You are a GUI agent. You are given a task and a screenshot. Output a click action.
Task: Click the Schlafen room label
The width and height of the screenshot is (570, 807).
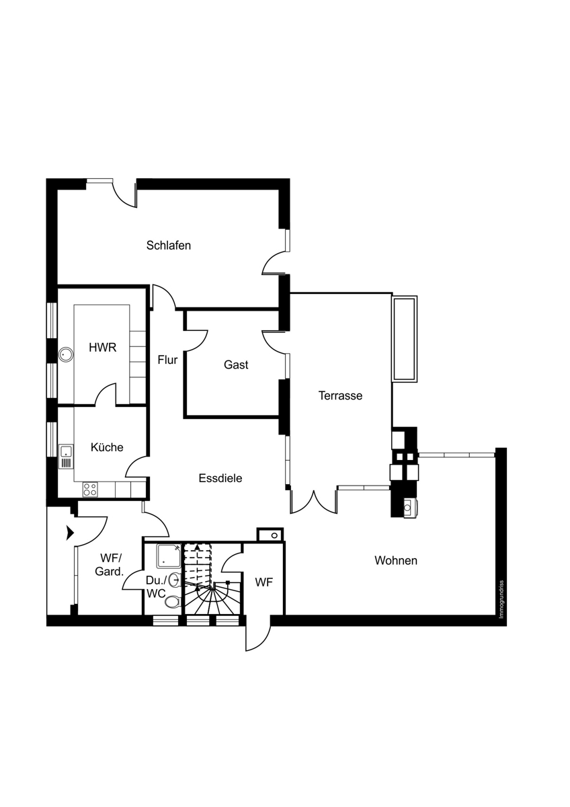click(x=168, y=245)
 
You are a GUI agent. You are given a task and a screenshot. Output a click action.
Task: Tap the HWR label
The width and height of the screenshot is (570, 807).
click(x=103, y=348)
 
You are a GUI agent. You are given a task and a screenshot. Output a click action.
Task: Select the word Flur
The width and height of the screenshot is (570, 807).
click(x=167, y=360)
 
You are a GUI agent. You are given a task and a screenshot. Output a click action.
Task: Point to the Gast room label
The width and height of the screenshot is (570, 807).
click(x=236, y=364)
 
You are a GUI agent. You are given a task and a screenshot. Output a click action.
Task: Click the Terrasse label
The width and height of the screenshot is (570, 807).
click(x=340, y=395)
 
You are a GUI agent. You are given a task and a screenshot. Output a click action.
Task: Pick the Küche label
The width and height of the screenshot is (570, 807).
click(x=107, y=447)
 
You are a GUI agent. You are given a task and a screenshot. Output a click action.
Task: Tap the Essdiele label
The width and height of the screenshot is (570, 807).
click(x=220, y=478)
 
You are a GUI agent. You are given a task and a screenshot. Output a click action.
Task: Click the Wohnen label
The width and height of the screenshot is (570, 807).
click(x=396, y=561)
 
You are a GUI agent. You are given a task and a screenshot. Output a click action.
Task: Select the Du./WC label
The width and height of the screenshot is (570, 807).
click(x=156, y=587)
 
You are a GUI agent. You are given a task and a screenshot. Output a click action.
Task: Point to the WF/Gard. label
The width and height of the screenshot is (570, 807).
click(x=110, y=564)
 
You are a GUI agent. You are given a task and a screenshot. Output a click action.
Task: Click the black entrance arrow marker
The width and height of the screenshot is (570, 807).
click(x=70, y=533)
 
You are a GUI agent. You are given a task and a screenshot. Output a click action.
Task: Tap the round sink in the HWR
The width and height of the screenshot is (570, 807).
click(x=66, y=354)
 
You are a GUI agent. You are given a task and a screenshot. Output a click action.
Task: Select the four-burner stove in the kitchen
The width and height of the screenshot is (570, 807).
click(x=90, y=490)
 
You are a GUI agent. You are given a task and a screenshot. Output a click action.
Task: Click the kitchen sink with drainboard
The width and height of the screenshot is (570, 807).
click(x=66, y=457)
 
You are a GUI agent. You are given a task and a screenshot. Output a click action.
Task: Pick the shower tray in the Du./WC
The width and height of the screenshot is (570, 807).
click(x=169, y=555)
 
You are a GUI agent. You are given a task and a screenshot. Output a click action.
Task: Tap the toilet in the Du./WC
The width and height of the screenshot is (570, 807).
click(x=173, y=601)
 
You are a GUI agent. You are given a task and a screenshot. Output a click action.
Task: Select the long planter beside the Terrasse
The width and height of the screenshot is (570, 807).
click(x=405, y=339)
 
